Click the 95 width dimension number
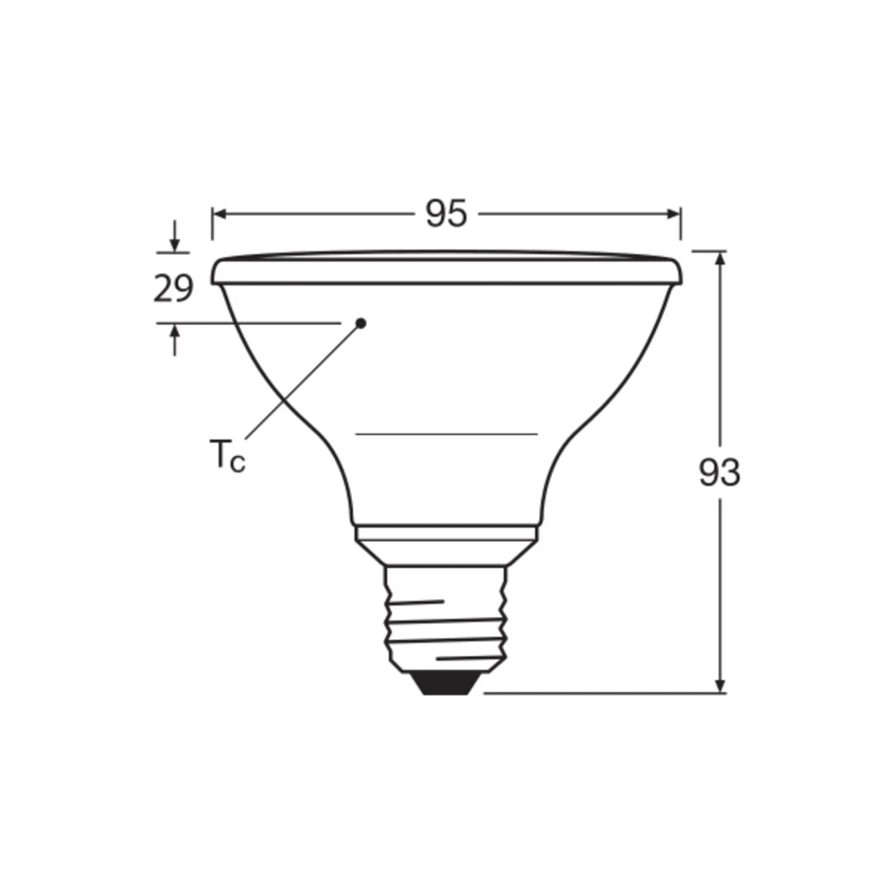point(446,214)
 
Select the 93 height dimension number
point(719,473)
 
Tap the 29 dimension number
point(173,288)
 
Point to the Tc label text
point(228,455)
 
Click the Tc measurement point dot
point(360,324)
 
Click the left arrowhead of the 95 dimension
point(218,214)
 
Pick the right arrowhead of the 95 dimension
point(674,214)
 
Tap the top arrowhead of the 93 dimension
point(720,258)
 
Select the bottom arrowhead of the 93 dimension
point(720,686)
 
